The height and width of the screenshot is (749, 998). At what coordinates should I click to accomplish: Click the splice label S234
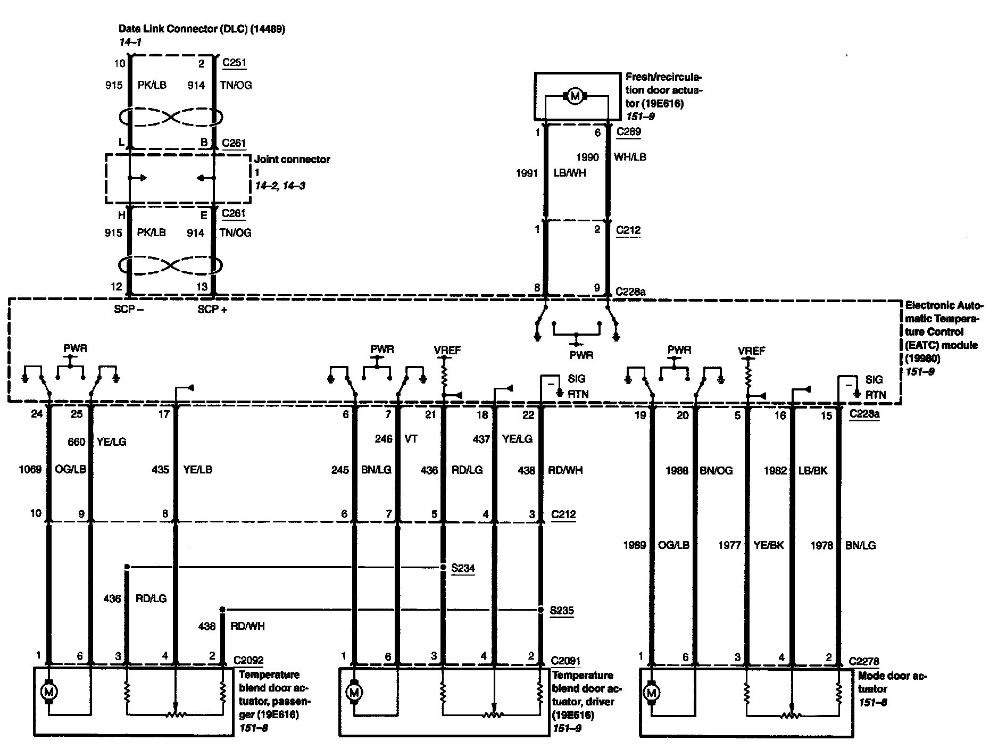pyautogui.click(x=463, y=568)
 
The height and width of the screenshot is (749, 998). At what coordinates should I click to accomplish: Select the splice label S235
pyautogui.click(x=562, y=610)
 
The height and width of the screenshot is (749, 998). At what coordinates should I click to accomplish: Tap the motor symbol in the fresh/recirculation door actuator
pyautogui.click(x=574, y=96)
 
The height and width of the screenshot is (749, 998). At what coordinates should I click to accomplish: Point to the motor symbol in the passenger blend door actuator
pyautogui.click(x=49, y=692)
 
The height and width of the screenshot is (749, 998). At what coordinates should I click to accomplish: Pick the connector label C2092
pyautogui.click(x=248, y=661)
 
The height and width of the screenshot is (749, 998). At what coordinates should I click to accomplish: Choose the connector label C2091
pyautogui.click(x=565, y=661)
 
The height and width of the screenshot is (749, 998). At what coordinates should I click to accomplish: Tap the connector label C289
pyautogui.click(x=628, y=132)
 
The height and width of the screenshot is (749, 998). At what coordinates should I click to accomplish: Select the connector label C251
pyautogui.click(x=234, y=63)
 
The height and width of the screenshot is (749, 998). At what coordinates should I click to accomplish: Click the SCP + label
pyautogui.click(x=212, y=309)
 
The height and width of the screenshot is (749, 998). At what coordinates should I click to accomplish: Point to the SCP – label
pyautogui.click(x=129, y=309)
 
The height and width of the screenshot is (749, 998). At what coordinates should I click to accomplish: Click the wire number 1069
pyautogui.click(x=31, y=470)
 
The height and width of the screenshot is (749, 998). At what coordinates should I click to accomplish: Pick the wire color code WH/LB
pyautogui.click(x=630, y=157)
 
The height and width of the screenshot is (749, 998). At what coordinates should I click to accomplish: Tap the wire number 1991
pyautogui.click(x=527, y=173)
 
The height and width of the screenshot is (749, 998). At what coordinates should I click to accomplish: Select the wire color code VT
pyautogui.click(x=411, y=439)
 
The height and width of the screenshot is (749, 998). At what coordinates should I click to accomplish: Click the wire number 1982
pyautogui.click(x=775, y=471)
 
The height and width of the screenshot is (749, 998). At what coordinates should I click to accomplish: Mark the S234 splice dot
pyautogui.click(x=444, y=568)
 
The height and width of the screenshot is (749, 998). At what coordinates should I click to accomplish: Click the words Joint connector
pyautogui.click(x=292, y=159)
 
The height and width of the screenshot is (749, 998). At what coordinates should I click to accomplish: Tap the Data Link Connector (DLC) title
pyautogui.click(x=202, y=29)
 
